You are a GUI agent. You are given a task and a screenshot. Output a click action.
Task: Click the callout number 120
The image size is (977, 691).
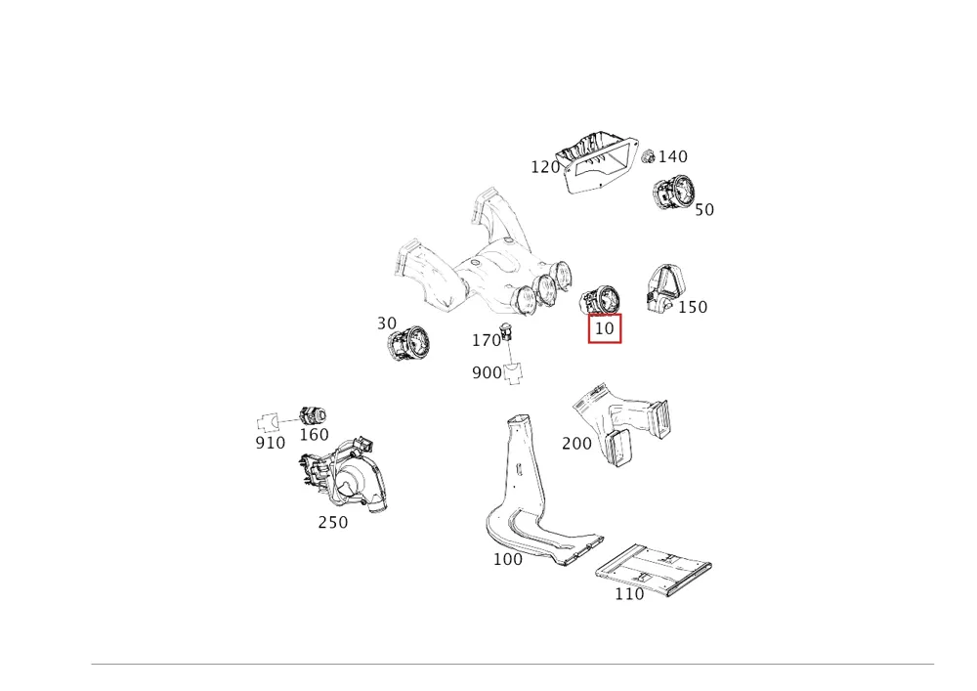click(545, 167)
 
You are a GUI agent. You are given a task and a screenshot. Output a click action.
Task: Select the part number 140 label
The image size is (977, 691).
click(673, 156)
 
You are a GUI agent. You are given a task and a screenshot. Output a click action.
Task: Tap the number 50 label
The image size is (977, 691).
click(704, 210)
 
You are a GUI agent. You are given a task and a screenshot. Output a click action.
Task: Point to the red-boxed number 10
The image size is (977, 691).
click(605, 328)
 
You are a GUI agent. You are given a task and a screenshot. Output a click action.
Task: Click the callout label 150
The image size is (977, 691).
click(693, 307)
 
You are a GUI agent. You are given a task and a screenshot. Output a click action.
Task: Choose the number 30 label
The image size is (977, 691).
click(387, 324)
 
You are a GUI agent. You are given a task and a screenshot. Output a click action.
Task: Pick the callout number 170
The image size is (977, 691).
click(486, 341)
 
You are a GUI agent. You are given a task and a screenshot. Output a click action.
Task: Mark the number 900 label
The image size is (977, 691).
click(487, 372)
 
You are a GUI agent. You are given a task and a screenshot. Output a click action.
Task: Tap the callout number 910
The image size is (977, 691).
click(271, 443)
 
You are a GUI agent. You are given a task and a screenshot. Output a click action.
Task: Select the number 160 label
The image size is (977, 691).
click(314, 434)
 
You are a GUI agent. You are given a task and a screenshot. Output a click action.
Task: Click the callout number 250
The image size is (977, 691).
click(333, 522)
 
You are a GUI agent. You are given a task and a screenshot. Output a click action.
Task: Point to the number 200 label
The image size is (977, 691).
click(577, 444)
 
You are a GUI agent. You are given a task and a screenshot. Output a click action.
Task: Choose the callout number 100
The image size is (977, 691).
click(508, 559)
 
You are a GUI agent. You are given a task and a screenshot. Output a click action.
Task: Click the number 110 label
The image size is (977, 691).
click(629, 594)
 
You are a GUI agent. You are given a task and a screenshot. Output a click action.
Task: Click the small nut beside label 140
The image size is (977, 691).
click(648, 155)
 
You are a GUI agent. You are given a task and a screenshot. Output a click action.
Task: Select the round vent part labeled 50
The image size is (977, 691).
click(673, 192)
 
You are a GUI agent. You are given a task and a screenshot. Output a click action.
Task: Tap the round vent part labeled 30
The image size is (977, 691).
click(408, 343)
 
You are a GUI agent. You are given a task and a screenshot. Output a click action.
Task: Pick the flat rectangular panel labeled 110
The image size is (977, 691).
click(653, 568)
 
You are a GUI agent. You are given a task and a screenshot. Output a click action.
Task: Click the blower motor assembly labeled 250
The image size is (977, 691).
click(344, 474)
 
